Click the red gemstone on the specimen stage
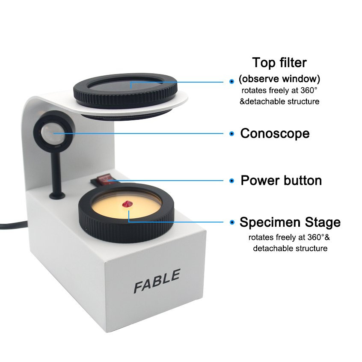[x=127, y=204]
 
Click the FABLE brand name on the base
[x=157, y=281]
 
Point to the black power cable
[x=13, y=225]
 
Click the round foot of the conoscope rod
[x=57, y=196]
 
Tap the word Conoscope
[x=275, y=134]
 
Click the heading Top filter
[x=279, y=62]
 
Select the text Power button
[x=281, y=180]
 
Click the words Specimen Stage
[x=290, y=222]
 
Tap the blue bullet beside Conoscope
[x=232, y=134]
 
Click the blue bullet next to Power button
[x=232, y=181]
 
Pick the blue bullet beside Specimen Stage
[x=232, y=222]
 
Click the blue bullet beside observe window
[x=232, y=81]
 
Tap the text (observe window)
[x=279, y=79]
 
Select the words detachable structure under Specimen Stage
[x=290, y=249]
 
